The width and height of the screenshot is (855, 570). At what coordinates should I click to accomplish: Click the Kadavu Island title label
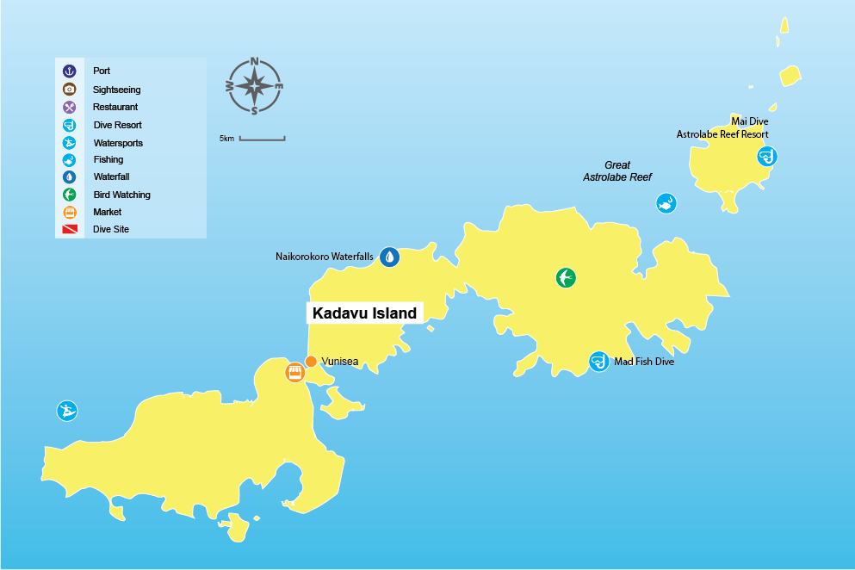[364, 313]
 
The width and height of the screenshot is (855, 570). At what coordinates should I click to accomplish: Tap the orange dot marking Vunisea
[311, 362]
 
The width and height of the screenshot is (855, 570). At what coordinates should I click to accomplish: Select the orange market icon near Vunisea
[294, 373]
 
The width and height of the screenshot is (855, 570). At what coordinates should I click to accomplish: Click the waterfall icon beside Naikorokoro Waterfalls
[390, 257]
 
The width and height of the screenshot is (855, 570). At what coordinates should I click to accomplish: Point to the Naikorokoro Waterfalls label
[325, 257]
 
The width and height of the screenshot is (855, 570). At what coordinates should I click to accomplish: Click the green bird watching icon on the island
[566, 277]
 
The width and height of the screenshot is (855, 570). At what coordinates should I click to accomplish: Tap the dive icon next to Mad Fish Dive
[598, 362]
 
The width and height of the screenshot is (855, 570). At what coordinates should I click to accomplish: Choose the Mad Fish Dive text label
[644, 362]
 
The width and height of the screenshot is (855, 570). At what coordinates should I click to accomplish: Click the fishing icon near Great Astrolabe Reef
[666, 203]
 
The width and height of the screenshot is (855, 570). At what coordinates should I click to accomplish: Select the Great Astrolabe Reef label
[616, 170]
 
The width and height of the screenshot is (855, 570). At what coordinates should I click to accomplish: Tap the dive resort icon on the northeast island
[766, 156]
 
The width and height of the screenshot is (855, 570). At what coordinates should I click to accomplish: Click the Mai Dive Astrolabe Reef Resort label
[723, 128]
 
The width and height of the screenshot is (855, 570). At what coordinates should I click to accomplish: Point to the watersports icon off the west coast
[67, 411]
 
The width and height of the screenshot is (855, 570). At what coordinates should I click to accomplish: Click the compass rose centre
[255, 86]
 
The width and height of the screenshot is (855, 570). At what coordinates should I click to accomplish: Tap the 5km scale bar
[262, 138]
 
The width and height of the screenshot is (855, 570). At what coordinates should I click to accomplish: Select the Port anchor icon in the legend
[70, 71]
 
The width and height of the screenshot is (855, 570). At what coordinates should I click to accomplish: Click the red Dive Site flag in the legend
[70, 230]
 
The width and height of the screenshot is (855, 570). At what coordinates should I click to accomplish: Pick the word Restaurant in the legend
[115, 108]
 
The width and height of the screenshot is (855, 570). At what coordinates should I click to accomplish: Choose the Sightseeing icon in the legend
[70, 90]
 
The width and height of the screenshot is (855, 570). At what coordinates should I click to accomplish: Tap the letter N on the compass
[255, 61]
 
